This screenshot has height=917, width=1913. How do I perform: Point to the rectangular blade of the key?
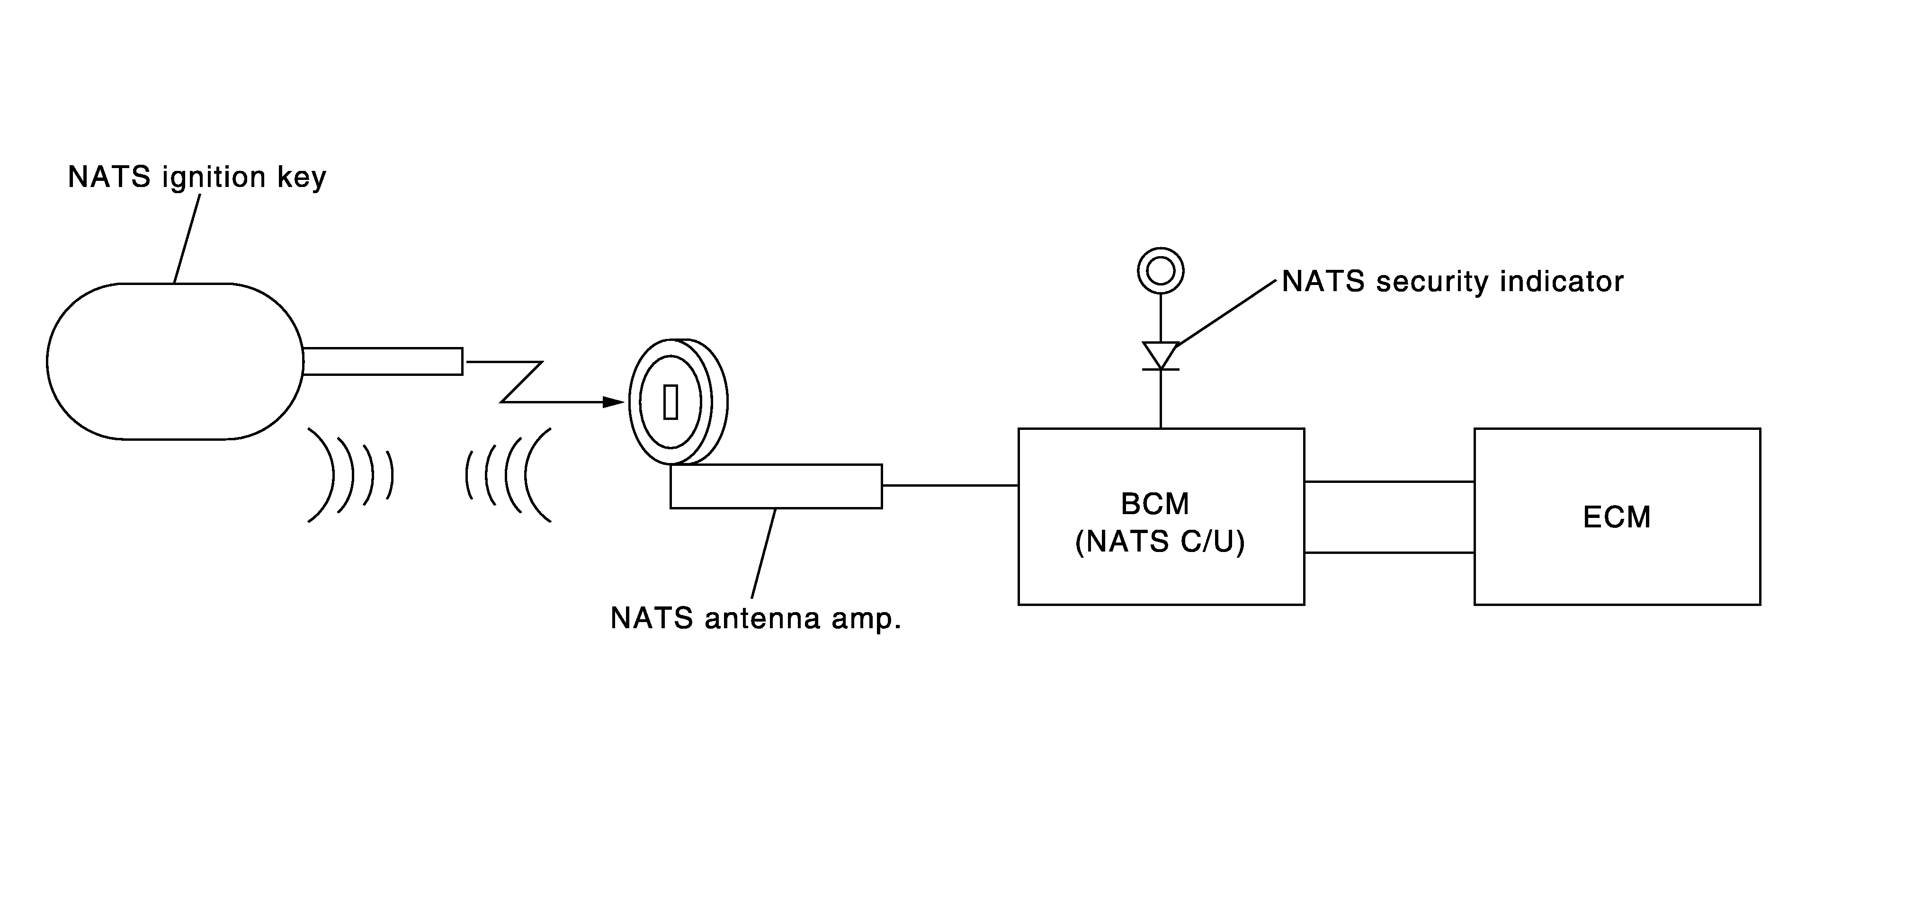[x=383, y=362]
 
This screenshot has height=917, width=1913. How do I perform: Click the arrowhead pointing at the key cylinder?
[x=613, y=402]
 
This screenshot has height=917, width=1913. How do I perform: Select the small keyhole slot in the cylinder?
[x=670, y=402]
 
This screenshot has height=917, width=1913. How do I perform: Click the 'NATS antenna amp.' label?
[x=755, y=618]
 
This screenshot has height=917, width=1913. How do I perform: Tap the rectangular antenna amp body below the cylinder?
[x=776, y=486]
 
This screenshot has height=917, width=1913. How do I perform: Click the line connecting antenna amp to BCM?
[x=950, y=486]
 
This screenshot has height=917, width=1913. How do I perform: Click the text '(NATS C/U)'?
[x=1160, y=542]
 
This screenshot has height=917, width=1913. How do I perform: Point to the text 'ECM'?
[x=1617, y=517]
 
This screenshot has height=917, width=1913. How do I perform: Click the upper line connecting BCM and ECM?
[x=1389, y=482]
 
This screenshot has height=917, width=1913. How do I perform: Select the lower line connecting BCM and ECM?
[x=1389, y=552]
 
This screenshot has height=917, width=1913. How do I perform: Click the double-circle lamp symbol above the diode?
[x=1160, y=270]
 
